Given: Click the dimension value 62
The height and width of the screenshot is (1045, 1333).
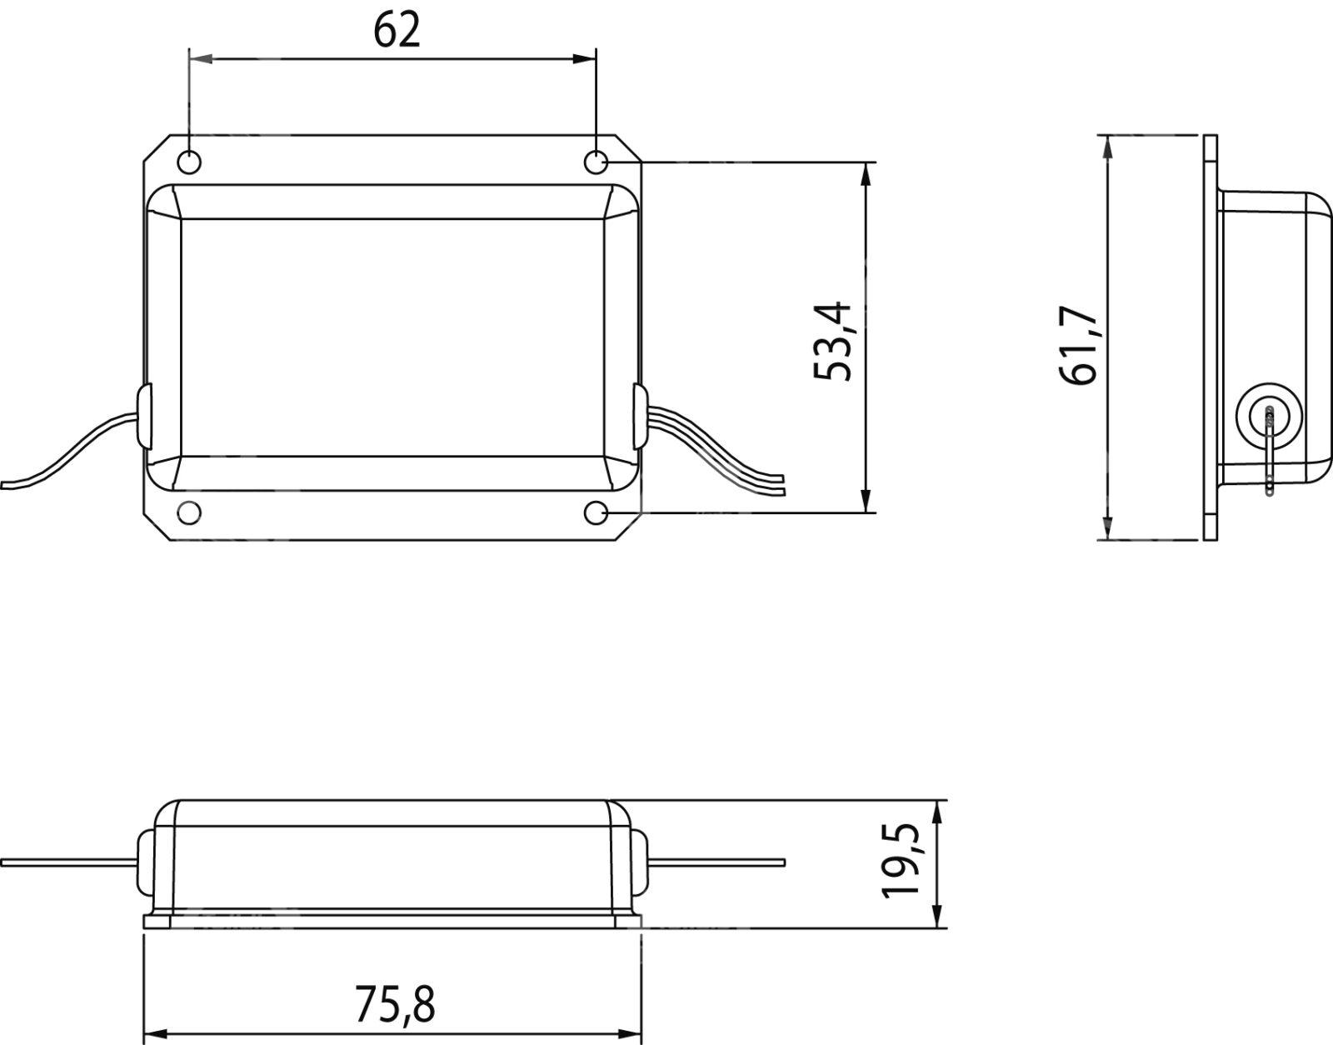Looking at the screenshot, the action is coord(397,31).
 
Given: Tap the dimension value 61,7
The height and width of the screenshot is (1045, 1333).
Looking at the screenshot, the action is coord(1081,345).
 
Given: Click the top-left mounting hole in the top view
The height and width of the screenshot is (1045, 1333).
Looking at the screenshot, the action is coord(189,163).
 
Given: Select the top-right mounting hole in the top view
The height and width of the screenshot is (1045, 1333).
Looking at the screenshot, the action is coord(595,163).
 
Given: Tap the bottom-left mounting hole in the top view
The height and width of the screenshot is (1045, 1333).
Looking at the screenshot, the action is coord(189,513).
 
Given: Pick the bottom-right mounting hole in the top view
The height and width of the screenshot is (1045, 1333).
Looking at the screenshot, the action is coord(595,513).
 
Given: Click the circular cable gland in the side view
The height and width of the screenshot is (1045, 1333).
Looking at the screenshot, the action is coord(1265,415).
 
